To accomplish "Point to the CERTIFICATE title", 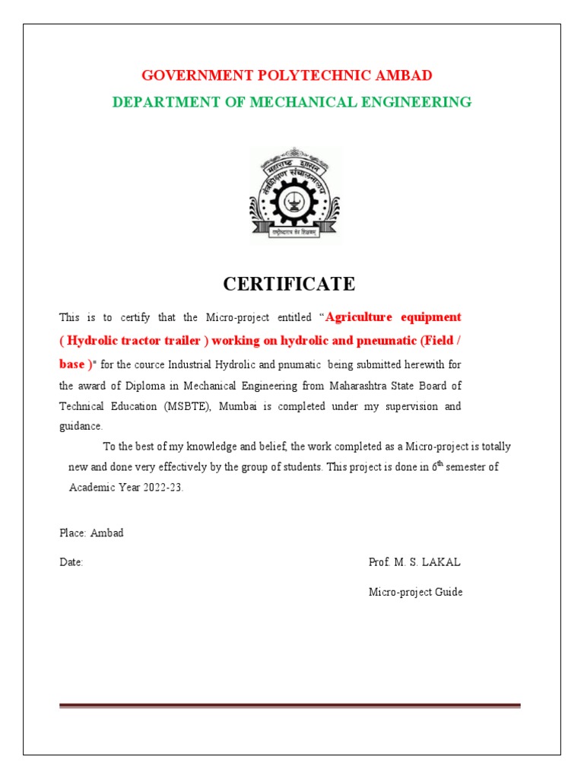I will coord(289,285).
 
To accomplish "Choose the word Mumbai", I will coord(239,406).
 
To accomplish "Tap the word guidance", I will coord(79,426).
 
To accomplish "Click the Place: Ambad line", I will coord(91,533).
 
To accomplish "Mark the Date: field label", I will coord(71,562).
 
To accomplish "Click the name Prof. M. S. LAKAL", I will coord(414,562).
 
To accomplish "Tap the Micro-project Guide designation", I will coord(415,592).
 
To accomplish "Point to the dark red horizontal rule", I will coord(290,705).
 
